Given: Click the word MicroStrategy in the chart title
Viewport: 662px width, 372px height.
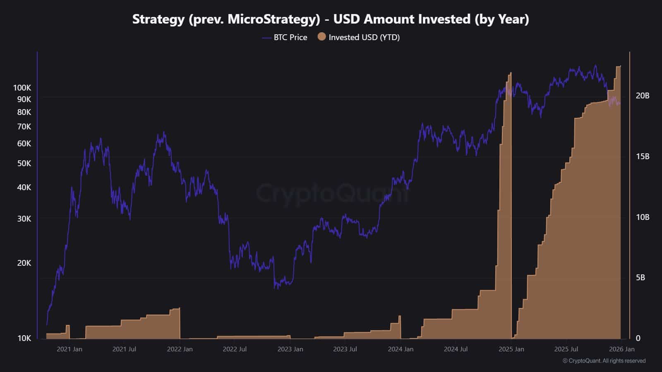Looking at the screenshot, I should (273, 19).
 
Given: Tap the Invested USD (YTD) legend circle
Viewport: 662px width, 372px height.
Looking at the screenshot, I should (321, 37).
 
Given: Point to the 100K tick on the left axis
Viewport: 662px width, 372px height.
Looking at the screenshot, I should (22, 88).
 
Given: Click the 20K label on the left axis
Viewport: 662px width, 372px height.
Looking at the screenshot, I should (24, 263).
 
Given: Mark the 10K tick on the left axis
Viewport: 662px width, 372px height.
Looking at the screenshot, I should (24, 338).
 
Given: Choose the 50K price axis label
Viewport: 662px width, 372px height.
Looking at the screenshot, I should (24, 163).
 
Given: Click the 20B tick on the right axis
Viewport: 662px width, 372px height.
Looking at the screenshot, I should (642, 95).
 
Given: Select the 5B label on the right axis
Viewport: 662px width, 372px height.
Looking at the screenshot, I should (640, 277).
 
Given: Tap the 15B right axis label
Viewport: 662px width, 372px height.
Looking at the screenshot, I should (642, 156).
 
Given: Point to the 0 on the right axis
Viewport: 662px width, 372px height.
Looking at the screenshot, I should (638, 338).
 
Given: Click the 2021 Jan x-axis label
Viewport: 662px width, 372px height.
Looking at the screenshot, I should (69, 349).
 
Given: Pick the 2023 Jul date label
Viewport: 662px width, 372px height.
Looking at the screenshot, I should (345, 349).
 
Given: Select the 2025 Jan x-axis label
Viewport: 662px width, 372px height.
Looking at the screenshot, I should (511, 349).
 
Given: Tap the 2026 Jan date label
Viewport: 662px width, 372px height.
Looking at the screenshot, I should (621, 349).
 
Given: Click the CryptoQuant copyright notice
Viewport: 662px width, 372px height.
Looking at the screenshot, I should (604, 361).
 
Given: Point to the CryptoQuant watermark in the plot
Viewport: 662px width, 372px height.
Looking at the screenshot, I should (331, 193).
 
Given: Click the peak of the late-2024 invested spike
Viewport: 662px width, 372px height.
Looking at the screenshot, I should (510, 74).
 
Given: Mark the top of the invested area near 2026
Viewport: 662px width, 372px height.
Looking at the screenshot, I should (619, 66).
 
